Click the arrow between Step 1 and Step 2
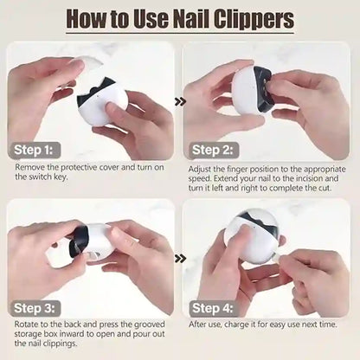[x=179, y=101]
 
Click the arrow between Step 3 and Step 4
[x=179, y=258]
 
